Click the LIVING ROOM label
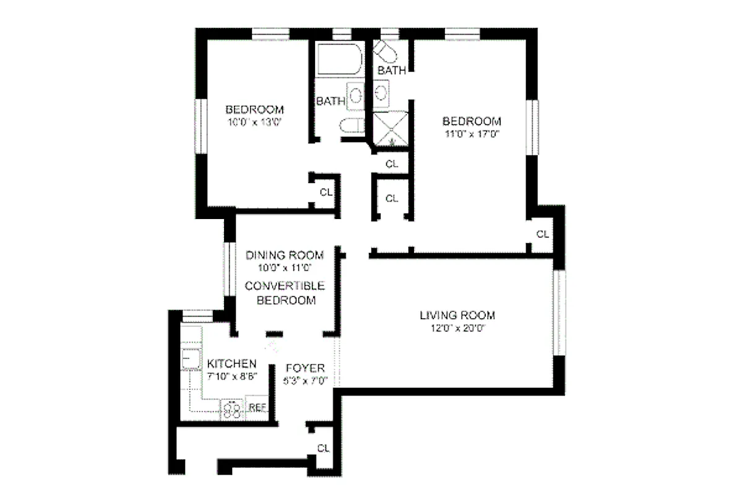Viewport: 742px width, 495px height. [457, 316]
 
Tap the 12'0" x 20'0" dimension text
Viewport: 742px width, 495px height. [457, 329]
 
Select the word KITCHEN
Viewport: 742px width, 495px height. [231, 363]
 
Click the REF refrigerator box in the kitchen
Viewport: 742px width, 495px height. [257, 407]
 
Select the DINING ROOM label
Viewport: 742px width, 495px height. [285, 255]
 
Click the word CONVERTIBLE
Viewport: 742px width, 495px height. [285, 286]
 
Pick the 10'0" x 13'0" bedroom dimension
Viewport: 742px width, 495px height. [255, 123]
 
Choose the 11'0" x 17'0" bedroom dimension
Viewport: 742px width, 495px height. [471, 133]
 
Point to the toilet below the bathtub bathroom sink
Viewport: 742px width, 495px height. [351, 124]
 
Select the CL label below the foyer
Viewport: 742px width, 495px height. [323, 448]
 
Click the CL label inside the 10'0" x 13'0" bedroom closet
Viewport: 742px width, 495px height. [326, 192]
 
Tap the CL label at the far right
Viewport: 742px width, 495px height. [542, 235]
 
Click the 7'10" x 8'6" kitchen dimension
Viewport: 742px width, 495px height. [231, 376]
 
